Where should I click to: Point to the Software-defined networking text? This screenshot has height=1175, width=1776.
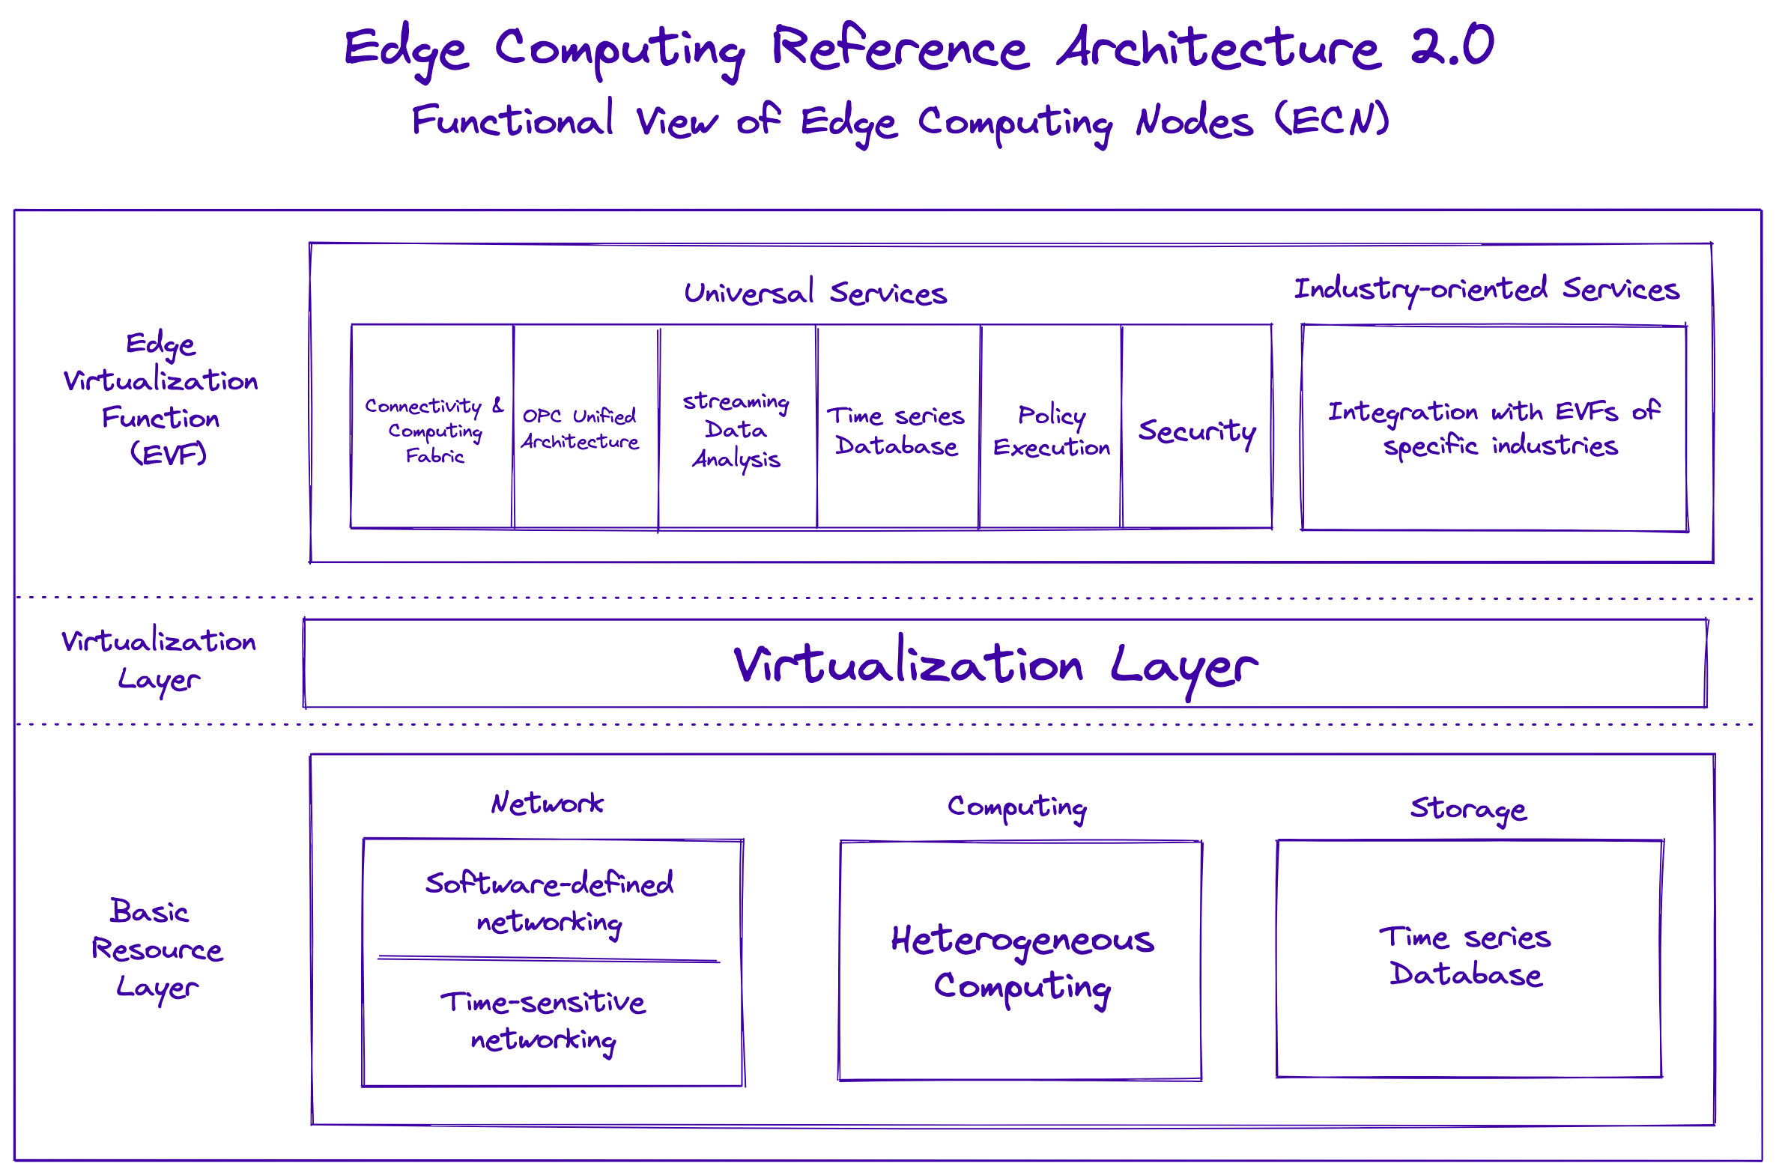549,902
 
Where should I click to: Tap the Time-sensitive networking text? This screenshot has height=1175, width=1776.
543,1020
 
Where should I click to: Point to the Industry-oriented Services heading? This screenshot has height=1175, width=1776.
1487,289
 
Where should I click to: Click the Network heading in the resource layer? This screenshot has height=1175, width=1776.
547,804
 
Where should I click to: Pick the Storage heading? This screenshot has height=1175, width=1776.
1468,809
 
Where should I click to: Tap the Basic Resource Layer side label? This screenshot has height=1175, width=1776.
157,949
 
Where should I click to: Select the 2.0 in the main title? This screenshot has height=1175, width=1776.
1452,46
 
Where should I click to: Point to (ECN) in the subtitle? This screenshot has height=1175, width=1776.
1333,120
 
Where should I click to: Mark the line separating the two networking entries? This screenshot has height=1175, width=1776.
548,959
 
